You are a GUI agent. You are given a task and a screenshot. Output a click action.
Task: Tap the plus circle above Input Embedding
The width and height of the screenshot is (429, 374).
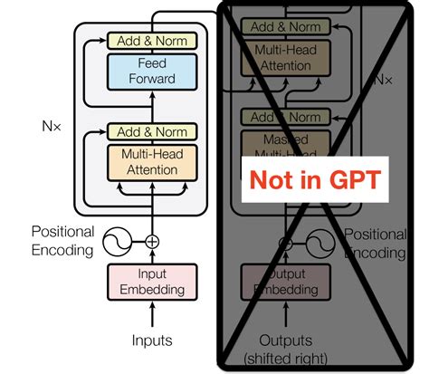point(152,242)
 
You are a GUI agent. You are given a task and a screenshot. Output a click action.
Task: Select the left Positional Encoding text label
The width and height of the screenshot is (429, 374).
point(62,240)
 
